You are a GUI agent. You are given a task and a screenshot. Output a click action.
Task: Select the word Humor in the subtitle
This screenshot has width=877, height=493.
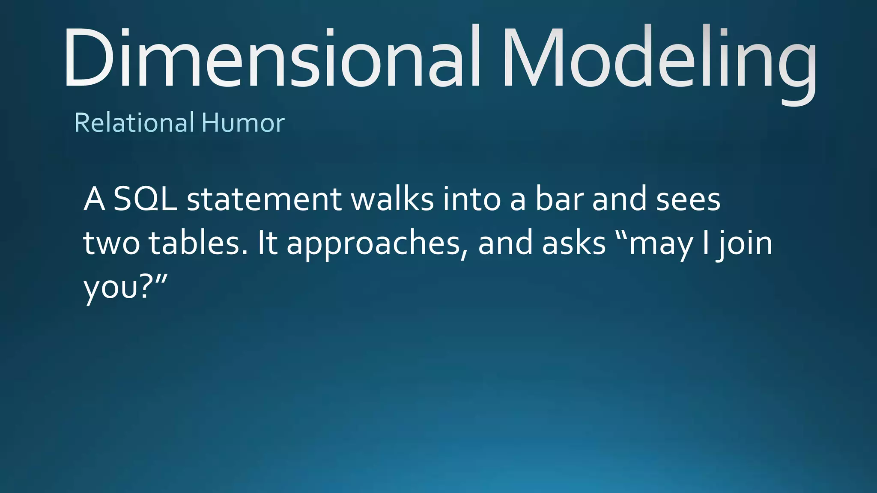click(x=243, y=123)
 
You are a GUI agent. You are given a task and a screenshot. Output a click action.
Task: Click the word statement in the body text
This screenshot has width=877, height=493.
click(x=264, y=199)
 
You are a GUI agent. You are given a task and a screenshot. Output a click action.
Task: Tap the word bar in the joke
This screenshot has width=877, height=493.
click(x=560, y=199)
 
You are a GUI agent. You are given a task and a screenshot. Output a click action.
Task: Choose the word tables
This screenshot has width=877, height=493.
click(x=198, y=243)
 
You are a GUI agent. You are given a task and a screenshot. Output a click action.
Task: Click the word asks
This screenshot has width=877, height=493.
click(x=574, y=243)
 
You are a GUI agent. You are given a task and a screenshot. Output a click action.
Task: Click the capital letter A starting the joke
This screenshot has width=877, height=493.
click(x=94, y=199)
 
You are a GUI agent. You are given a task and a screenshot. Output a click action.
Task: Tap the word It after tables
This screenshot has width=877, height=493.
click(x=267, y=243)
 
